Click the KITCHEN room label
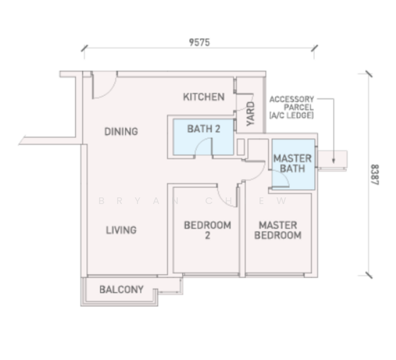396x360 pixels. click(x=204, y=97)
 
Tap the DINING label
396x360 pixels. click(x=121, y=131)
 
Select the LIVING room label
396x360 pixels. click(x=121, y=230)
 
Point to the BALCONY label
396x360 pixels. click(x=121, y=289)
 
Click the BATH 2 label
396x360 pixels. click(x=203, y=129)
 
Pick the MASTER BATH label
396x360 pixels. click(x=292, y=163)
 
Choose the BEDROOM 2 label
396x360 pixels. click(x=208, y=230)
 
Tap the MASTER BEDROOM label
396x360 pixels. click(x=278, y=230)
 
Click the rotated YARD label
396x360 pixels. click(x=251, y=113)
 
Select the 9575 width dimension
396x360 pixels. click(x=200, y=43)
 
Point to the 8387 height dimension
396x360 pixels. click(x=375, y=175)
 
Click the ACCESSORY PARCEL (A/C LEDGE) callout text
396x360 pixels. click(x=292, y=107)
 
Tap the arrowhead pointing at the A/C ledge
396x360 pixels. click(x=334, y=161)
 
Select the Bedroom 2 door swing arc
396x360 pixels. click(x=224, y=202)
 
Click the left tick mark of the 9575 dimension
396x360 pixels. click(x=85, y=48)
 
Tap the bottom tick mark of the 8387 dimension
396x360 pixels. click(x=369, y=275)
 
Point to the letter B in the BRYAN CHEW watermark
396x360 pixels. click(x=101, y=201)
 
